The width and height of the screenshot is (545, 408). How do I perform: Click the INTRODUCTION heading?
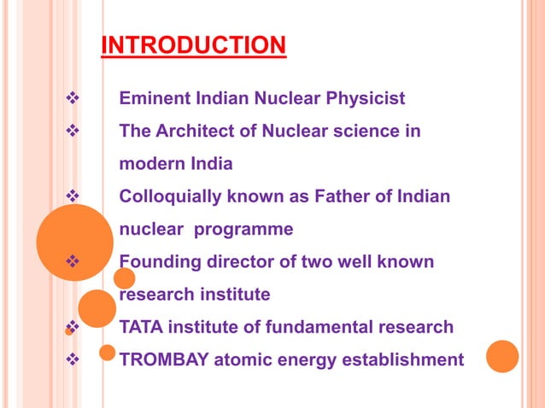193,44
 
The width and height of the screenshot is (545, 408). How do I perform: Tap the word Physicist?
364,99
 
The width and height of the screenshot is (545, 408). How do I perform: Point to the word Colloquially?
169,196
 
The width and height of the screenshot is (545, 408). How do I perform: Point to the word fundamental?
315,326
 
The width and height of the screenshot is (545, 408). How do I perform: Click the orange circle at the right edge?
503,357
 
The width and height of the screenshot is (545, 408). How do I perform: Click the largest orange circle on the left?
74,242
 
